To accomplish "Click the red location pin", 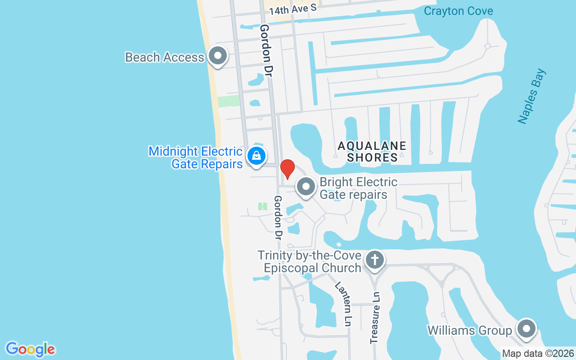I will click(x=287, y=169).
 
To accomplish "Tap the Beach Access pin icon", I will click(x=218, y=56).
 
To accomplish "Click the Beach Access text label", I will click(x=165, y=58).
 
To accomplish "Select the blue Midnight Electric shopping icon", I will click(x=256, y=156).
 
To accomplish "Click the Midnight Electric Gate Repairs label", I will click(x=196, y=157).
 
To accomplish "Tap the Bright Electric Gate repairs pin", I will click(x=306, y=186).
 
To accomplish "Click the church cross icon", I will click(x=374, y=260).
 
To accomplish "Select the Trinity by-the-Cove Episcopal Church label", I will click(x=310, y=262).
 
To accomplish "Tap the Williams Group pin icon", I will click(x=525, y=329).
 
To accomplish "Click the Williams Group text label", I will click(x=470, y=331).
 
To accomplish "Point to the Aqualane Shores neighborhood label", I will click(x=372, y=152).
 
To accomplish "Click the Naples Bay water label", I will click(x=531, y=96).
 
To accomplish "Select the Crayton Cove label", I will click(x=459, y=11).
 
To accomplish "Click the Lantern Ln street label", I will click(x=343, y=304).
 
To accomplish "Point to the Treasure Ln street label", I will click(x=375, y=318).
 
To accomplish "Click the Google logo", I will click(x=30, y=349).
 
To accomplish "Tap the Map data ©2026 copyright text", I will click(x=538, y=354).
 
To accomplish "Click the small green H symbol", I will click(x=263, y=206).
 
